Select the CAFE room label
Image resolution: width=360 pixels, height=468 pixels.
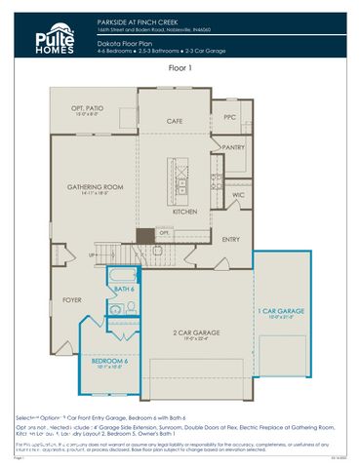click(x=174, y=121)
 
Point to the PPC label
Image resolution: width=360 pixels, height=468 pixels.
click(x=230, y=118)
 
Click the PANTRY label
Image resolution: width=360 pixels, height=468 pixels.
click(x=234, y=147)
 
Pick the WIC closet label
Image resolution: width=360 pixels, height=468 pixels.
click(x=237, y=195)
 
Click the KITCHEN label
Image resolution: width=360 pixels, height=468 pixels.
click(x=185, y=211)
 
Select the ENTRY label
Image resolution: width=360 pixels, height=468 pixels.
click(x=232, y=239)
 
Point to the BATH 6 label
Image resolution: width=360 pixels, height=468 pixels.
click(x=124, y=289)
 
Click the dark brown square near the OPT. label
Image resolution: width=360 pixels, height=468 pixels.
click(x=145, y=235)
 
